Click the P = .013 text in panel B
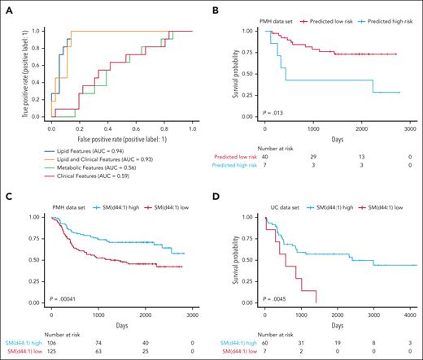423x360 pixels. (x=273, y=111)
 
